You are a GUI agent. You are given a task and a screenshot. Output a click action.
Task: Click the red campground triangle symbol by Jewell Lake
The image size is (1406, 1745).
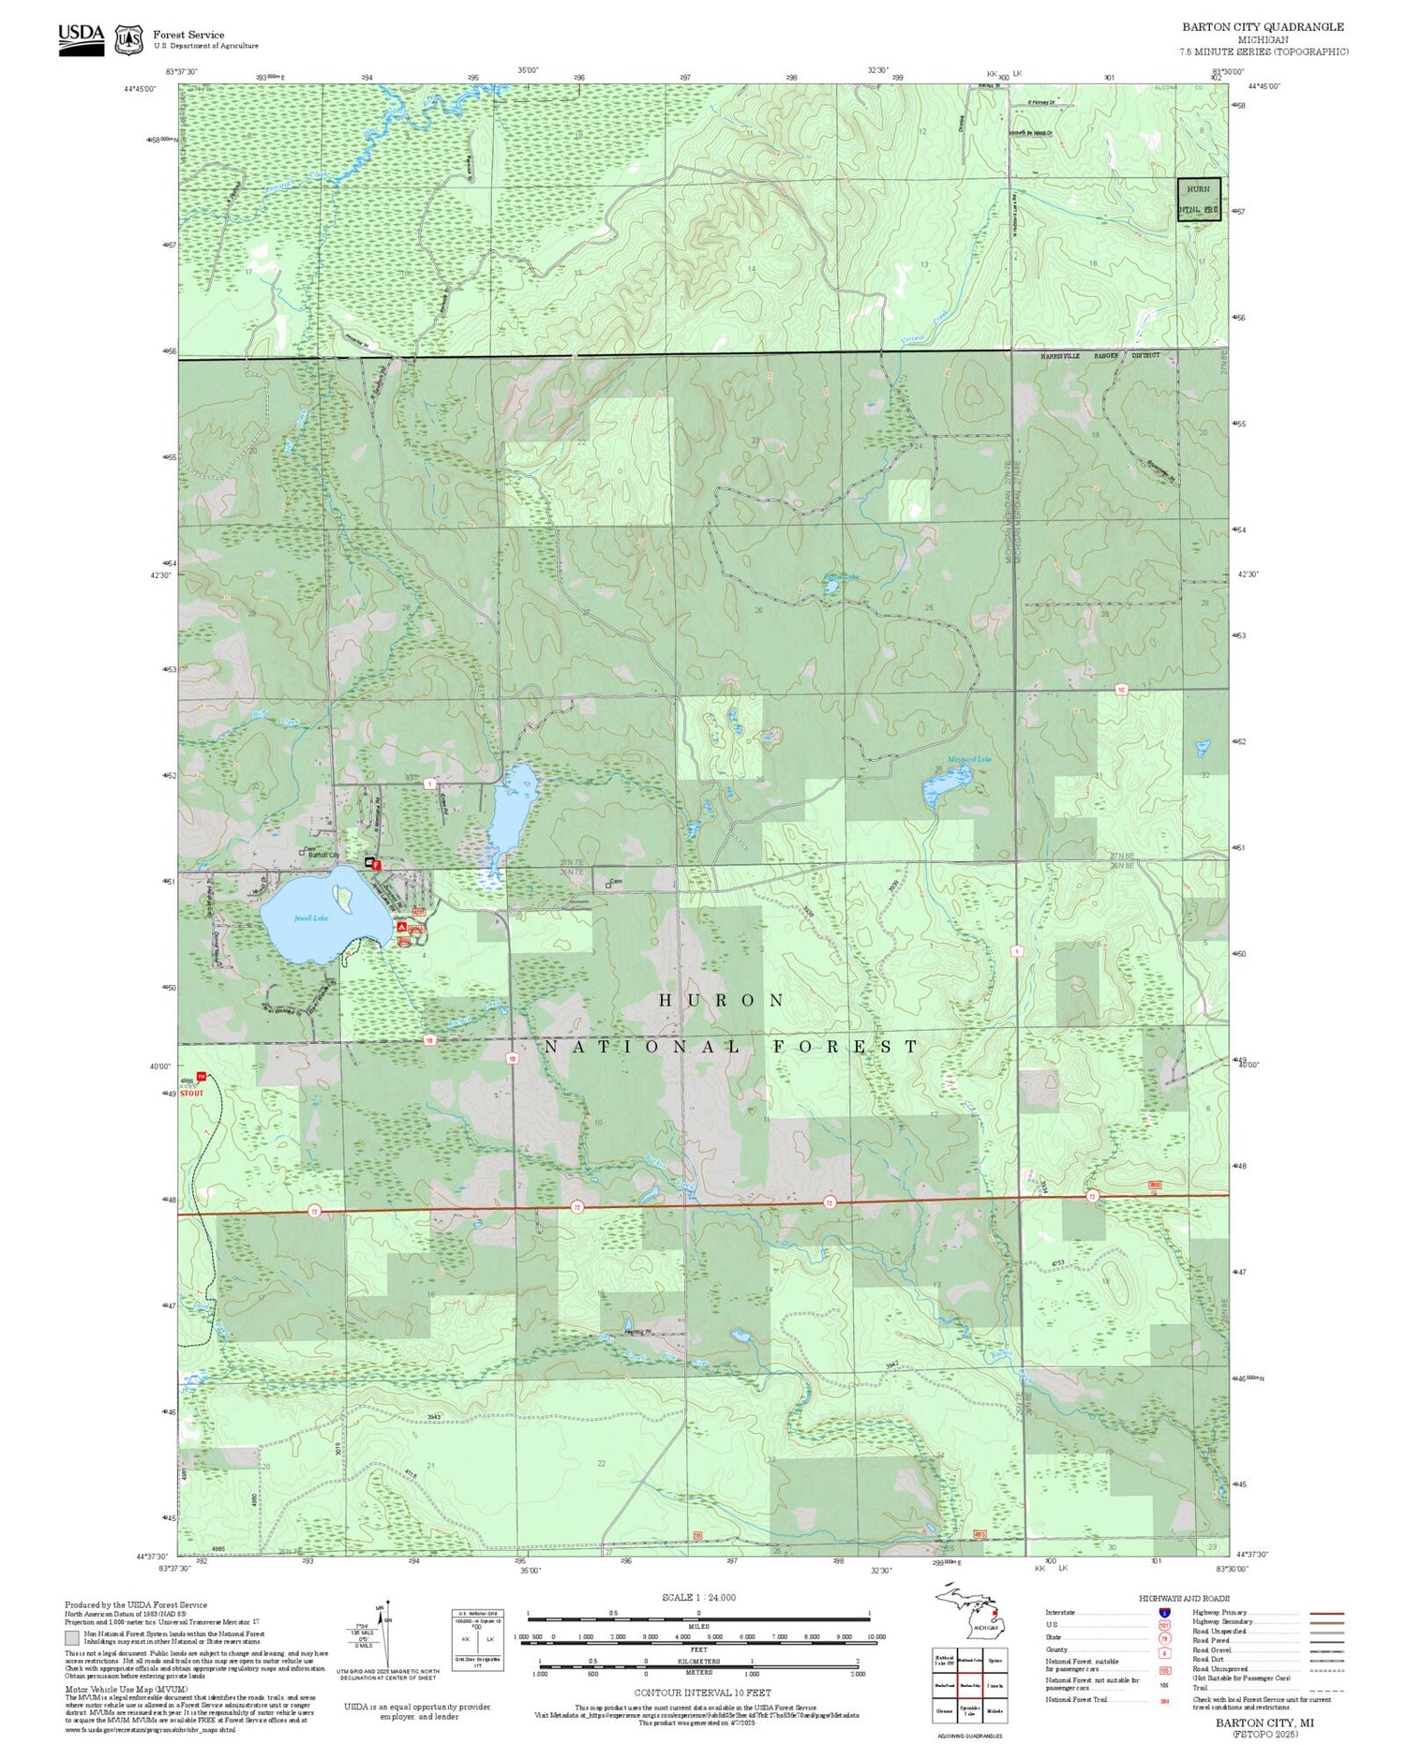click(x=402, y=927)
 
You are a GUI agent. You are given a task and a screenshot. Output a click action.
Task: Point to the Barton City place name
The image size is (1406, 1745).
click(x=323, y=855)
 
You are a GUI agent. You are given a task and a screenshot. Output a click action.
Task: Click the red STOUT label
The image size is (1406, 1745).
click(x=191, y=1093)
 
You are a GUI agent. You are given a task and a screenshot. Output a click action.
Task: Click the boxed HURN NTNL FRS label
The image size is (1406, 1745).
click(x=1199, y=200)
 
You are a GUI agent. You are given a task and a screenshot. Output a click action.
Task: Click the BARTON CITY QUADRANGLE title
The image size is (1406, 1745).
click(x=1262, y=27)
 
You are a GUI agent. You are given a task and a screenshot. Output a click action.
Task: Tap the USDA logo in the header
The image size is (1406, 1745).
click(x=81, y=38)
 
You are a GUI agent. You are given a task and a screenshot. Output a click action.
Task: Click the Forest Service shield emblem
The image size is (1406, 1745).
click(x=128, y=39)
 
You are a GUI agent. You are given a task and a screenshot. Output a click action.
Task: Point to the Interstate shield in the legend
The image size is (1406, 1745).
click(x=1164, y=1612)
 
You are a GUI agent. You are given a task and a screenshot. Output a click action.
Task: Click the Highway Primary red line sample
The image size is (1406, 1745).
click(x=1323, y=1614)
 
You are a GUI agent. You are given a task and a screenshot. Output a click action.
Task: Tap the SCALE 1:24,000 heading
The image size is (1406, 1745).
click(x=698, y=1597)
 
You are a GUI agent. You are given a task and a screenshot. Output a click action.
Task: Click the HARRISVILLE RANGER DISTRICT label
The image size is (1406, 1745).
click(x=1099, y=356)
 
